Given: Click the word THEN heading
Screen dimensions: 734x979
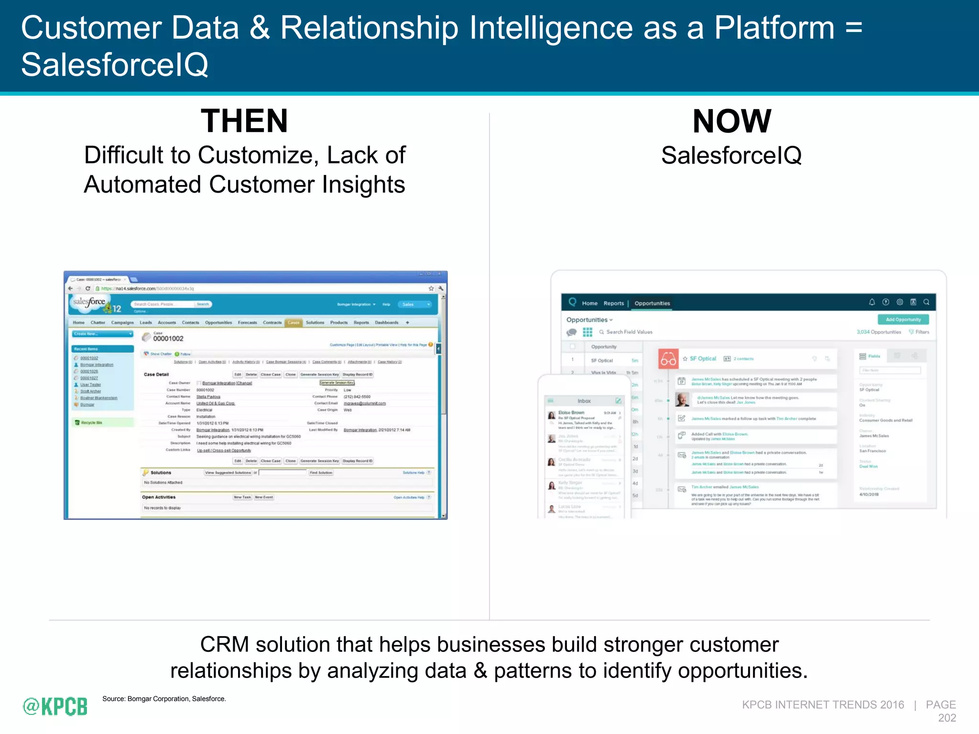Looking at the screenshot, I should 244,121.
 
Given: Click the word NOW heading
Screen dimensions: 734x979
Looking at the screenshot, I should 731,121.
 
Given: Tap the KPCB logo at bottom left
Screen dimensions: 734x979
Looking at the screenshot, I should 55,706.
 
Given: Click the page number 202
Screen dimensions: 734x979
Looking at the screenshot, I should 946,718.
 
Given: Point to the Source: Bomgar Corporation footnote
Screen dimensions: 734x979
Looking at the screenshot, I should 163,699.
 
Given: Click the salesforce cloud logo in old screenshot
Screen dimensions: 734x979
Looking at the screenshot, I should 89,302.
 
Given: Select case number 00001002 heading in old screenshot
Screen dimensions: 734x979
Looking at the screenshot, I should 168,338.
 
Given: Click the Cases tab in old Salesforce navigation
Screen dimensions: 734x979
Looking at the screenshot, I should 293,323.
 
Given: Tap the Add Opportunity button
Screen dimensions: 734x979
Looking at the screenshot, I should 903,320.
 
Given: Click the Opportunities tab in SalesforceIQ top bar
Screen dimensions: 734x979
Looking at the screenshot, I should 652,303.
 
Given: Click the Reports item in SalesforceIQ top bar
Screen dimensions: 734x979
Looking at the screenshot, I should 613,303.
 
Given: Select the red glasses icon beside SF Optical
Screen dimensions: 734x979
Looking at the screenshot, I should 668,359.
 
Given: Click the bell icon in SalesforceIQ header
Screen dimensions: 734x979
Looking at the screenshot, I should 871,302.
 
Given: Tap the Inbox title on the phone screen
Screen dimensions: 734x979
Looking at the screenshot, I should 584,401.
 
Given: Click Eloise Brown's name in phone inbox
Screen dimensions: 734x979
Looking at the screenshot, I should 571,412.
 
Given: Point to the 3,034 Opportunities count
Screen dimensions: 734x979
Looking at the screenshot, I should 878,332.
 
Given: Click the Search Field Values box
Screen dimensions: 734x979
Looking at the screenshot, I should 629,332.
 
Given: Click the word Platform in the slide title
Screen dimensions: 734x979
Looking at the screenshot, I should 774,28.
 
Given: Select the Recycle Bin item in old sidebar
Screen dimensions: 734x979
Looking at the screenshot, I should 91,422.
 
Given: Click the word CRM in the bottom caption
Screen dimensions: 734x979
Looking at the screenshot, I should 224,644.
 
